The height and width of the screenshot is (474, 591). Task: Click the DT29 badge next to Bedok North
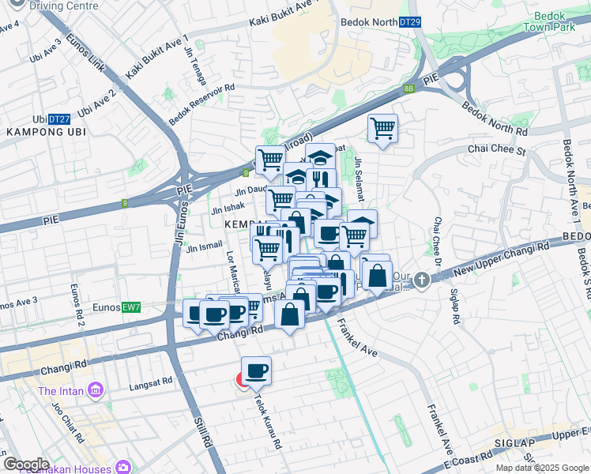(x=410, y=23)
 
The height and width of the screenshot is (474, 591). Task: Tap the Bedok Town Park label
(x=548, y=21)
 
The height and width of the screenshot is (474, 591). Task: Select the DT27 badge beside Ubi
(x=58, y=118)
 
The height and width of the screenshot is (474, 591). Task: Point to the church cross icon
(x=423, y=280)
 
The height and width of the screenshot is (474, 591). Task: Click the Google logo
(x=26, y=465)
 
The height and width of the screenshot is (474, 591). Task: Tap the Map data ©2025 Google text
(x=541, y=468)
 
